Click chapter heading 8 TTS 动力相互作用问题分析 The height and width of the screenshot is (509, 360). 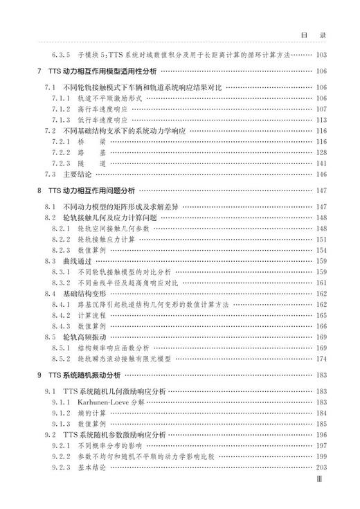click(90, 190)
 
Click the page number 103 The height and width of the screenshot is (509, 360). click(321, 55)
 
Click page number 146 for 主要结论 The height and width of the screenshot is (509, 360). click(321, 174)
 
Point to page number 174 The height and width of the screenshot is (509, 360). click(321, 359)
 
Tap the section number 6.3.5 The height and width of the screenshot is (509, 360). click(62, 55)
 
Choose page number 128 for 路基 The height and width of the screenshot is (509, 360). click(321, 152)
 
